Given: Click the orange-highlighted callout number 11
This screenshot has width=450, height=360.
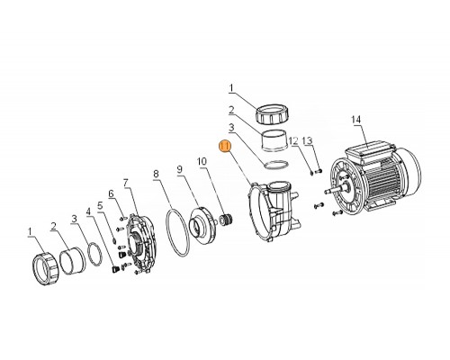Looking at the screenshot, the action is tap(225, 147).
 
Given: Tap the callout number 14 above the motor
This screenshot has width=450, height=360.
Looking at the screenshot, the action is tap(356, 120).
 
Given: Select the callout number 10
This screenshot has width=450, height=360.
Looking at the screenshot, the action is tap(202, 161).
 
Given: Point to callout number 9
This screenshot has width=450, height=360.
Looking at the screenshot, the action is tap(179, 169).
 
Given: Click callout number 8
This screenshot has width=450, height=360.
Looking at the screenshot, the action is tap(156, 174).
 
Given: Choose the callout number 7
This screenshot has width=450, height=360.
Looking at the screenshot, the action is tap(126, 182).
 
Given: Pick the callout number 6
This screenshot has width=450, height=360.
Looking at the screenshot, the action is tap(112, 193).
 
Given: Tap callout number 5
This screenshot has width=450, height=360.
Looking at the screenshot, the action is tap(100, 205).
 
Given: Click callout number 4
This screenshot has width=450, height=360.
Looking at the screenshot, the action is tap(88, 211).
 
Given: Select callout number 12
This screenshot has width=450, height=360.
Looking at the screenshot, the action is tap(293, 140).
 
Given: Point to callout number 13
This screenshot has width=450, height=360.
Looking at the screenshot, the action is tap(307, 140).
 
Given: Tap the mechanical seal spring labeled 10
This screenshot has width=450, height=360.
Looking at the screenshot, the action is tap(226, 219).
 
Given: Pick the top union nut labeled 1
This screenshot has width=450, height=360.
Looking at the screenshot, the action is tap(271, 114).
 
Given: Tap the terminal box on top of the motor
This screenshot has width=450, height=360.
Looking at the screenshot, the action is tap(371, 150).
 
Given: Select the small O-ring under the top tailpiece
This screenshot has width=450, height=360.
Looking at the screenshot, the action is tap(276, 165).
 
